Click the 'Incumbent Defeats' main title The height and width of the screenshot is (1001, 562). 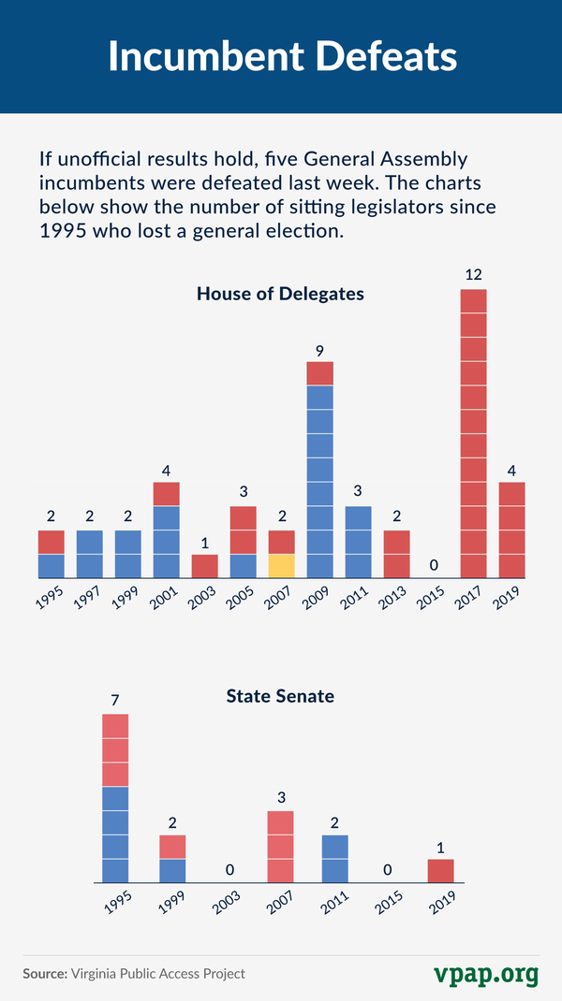click(x=281, y=56)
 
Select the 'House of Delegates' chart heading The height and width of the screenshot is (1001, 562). click(x=280, y=294)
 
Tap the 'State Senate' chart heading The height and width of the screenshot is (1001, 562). click(x=280, y=696)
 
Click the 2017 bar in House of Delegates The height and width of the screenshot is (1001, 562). click(x=473, y=433)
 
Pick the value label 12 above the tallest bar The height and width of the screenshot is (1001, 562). click(x=473, y=275)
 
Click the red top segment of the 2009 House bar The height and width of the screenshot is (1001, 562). click(x=320, y=373)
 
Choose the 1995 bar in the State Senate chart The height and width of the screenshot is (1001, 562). click(x=115, y=798)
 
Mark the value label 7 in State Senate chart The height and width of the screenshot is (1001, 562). click(x=115, y=700)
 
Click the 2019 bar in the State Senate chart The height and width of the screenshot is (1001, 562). click(x=440, y=871)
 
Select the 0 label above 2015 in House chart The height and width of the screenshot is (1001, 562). click(x=435, y=565)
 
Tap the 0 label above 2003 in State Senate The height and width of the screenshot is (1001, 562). click(x=229, y=870)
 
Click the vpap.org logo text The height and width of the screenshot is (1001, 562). click(x=486, y=973)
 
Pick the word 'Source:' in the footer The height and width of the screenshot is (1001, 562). click(x=45, y=974)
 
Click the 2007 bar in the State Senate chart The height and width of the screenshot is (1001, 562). click(x=280, y=847)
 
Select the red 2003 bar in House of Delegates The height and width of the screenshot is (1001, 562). click(x=204, y=566)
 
